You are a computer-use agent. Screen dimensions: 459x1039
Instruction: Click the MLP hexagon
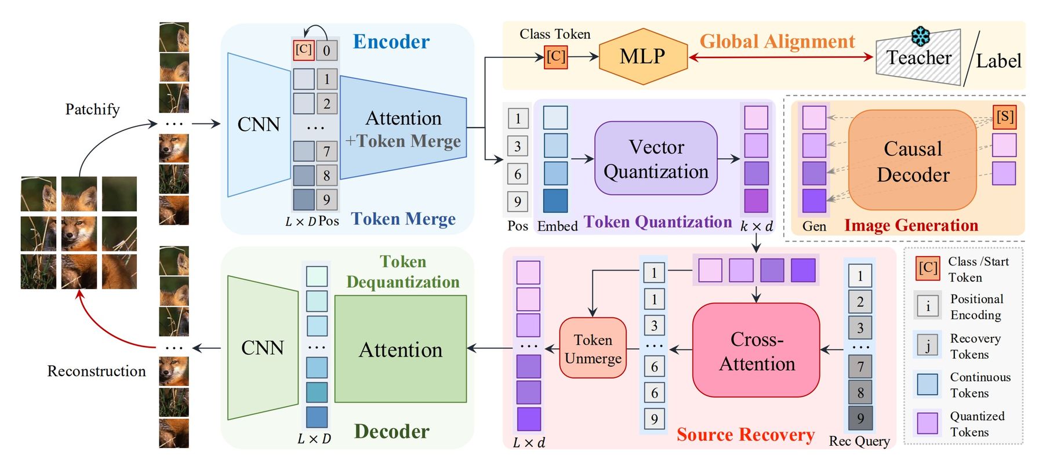click(642, 57)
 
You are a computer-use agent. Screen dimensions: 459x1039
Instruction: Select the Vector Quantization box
click(656, 158)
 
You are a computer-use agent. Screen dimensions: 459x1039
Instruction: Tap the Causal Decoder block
click(913, 161)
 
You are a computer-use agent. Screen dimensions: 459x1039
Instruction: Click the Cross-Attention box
click(756, 351)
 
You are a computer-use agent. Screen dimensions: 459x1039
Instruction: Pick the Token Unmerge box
click(593, 348)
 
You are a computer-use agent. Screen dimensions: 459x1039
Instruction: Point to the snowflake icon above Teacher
click(920, 36)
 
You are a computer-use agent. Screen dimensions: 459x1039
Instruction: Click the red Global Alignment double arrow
click(780, 57)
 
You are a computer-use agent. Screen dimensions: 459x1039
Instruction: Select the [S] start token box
click(1004, 116)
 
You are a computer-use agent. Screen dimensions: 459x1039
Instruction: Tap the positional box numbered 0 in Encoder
click(326, 50)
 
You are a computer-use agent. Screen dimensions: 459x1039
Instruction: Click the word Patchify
click(92, 109)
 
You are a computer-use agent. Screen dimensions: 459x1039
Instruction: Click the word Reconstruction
click(96, 371)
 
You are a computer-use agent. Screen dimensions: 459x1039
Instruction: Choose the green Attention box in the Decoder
click(400, 349)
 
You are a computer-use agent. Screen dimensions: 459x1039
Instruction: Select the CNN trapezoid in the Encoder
click(259, 125)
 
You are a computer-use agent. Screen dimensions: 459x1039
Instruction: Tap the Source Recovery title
click(746, 435)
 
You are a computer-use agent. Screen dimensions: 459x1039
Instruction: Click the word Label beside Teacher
click(998, 61)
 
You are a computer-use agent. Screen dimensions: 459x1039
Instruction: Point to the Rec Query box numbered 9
click(860, 418)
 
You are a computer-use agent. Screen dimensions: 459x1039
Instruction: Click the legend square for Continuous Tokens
click(927, 384)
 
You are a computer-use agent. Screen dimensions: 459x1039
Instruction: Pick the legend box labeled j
click(927, 345)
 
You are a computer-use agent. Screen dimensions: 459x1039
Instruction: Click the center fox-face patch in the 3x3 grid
click(79, 234)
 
